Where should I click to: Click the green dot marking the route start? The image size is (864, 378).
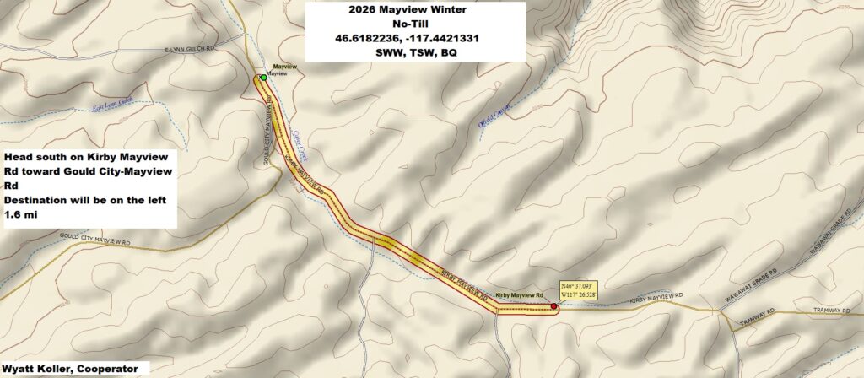263,77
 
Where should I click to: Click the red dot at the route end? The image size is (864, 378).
553,306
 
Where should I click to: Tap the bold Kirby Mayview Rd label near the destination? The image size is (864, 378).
520,295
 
